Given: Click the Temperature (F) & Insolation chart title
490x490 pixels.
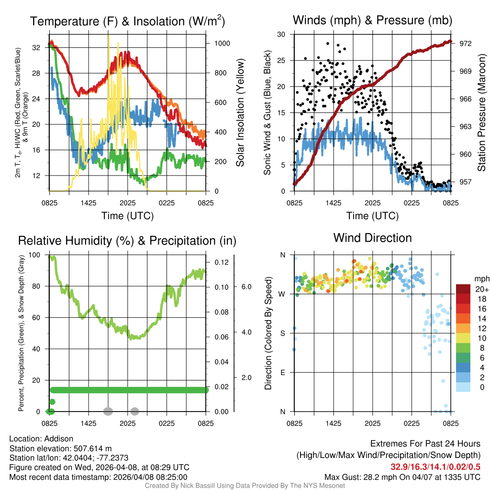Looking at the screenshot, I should [127, 21].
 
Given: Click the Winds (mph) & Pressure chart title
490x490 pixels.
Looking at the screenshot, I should [372, 20].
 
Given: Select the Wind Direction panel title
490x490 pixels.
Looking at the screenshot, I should [372, 237].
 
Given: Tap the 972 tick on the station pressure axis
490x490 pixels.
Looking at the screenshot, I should [466, 44].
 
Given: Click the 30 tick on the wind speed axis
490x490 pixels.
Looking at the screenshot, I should [281, 34].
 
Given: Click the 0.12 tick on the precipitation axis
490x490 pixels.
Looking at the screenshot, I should [223, 263].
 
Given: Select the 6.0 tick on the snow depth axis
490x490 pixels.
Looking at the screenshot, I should [245, 287].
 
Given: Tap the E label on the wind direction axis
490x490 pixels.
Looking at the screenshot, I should [282, 372].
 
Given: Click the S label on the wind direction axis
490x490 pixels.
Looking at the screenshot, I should [282, 333].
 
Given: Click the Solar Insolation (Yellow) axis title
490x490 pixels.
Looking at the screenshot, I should [240, 112].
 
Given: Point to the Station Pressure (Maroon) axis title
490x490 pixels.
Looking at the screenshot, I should [482, 112].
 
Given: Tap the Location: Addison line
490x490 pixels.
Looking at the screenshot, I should [41, 439].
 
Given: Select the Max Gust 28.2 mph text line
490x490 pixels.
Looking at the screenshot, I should [402, 477].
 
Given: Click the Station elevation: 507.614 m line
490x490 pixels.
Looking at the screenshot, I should [60, 448].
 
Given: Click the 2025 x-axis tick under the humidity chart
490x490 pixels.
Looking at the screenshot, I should [128, 423].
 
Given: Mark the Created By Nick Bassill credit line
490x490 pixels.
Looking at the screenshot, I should [245, 485].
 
